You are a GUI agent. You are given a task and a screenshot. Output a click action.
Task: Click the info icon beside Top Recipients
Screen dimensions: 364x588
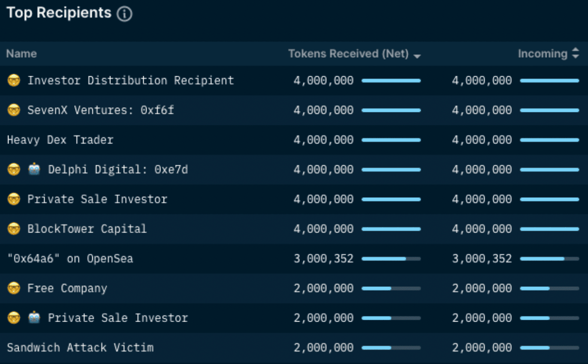pyautogui.click(x=124, y=14)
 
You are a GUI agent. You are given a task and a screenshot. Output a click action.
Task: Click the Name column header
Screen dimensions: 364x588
pyautogui.click(x=21, y=54)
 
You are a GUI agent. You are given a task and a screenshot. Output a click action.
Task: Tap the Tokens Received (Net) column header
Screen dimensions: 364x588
pyautogui.click(x=348, y=54)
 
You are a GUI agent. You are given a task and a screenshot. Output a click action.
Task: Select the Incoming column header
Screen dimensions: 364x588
pyautogui.click(x=542, y=54)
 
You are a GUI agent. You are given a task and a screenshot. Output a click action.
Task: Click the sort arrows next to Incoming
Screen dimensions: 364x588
pyautogui.click(x=576, y=54)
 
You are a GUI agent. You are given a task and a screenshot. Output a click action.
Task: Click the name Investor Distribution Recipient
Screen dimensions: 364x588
pyautogui.click(x=130, y=81)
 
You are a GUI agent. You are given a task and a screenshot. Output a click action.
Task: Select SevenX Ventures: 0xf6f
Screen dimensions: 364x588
pyautogui.click(x=100, y=110)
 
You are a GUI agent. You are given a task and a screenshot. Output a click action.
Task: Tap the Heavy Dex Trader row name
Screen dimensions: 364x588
pyautogui.click(x=60, y=140)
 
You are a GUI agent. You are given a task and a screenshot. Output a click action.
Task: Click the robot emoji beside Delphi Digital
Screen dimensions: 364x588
pyautogui.click(x=34, y=170)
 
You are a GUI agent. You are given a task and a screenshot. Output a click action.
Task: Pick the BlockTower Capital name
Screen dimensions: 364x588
pyautogui.click(x=87, y=229)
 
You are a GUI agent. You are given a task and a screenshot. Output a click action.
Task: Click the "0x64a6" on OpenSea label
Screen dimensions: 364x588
pyautogui.click(x=70, y=259)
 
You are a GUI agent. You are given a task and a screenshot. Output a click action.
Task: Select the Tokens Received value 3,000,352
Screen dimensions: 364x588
pyautogui.click(x=323, y=259)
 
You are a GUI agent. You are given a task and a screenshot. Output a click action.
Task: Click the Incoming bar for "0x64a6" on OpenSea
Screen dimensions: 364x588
pyautogui.click(x=549, y=259)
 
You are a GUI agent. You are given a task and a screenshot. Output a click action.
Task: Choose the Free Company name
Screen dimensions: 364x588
pyautogui.click(x=67, y=288)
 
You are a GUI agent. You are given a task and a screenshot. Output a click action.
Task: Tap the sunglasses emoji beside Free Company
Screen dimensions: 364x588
pyautogui.click(x=14, y=288)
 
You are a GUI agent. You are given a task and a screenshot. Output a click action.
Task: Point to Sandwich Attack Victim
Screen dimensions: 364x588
pyautogui.click(x=80, y=347)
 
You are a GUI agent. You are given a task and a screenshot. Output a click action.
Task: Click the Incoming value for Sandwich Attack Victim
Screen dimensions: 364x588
pyautogui.click(x=482, y=347)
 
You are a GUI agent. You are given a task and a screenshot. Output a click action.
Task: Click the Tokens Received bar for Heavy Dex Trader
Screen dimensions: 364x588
pyautogui.click(x=391, y=140)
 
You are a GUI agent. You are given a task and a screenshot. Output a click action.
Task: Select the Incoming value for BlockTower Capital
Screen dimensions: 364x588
pyautogui.click(x=482, y=229)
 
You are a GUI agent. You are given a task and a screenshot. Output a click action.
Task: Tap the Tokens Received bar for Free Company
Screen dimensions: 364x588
pyautogui.click(x=391, y=288)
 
